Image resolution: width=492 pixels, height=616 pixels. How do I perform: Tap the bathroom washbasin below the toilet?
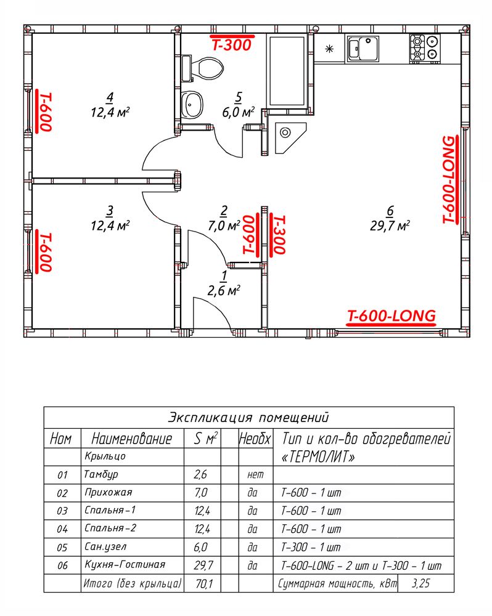pos(192,105)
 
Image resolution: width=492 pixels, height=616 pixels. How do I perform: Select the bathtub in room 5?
pos(287,71)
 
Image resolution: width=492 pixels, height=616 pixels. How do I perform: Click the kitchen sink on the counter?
pos(363,49)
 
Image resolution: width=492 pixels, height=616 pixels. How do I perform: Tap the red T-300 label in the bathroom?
pos(231,44)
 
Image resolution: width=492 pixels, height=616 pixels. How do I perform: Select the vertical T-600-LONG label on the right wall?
pos(449,180)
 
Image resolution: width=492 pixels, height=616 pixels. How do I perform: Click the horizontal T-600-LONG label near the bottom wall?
pos(392,317)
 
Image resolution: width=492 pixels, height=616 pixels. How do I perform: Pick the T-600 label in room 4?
pos(44,111)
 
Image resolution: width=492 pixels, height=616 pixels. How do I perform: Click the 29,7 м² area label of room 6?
pos(390,226)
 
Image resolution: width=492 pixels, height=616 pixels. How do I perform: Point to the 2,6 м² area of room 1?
pos(224,291)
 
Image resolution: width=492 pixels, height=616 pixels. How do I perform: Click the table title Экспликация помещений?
pos(248,417)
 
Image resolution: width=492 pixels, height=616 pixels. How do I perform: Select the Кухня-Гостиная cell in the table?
pos(125,565)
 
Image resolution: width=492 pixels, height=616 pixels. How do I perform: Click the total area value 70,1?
pos(203,584)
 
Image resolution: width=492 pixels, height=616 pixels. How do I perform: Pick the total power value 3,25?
pos(420,583)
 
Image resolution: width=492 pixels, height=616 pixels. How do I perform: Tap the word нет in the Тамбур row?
pos(255,475)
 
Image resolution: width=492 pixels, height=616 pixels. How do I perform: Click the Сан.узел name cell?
pos(105,547)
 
